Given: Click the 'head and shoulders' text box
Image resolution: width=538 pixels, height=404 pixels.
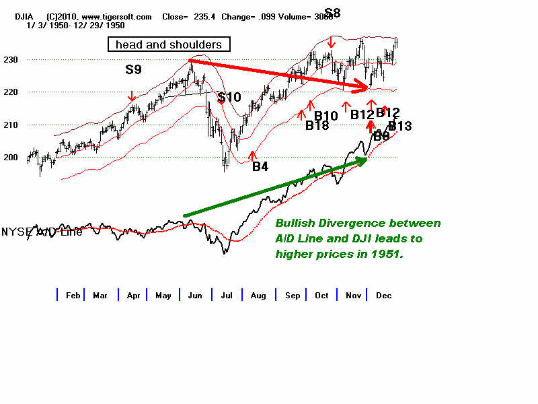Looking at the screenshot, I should tap(169, 44).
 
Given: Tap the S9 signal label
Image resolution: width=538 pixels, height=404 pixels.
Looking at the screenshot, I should tap(134, 69).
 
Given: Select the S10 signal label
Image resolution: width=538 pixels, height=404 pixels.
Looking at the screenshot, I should tap(229, 97).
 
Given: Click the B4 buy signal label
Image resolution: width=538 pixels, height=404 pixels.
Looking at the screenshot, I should tap(260, 166).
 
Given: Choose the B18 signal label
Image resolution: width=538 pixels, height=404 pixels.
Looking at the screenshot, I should tap(317, 125).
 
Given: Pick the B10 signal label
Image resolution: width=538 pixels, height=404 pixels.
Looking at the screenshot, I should tap(326, 116).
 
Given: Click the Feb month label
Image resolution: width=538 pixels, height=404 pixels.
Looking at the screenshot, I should tap(73, 296).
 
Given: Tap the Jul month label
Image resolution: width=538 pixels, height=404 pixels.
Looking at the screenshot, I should tap(226, 296).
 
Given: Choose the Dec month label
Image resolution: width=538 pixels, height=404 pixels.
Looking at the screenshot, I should tap(383, 296).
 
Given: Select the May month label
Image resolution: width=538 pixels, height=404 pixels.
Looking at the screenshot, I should tap(163, 296).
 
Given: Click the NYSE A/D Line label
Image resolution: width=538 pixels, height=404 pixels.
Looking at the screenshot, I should tap(42, 232).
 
